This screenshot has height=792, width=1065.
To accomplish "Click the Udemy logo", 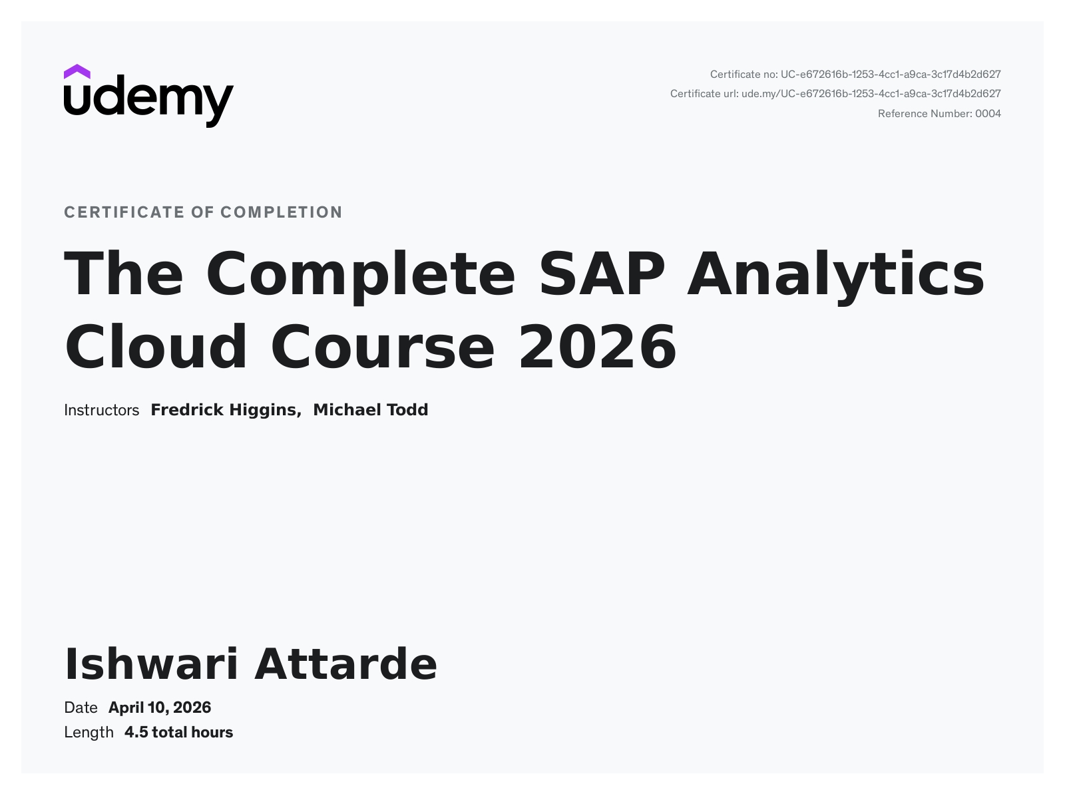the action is click(x=148, y=96).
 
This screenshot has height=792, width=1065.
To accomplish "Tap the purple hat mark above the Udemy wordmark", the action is click(x=77, y=72).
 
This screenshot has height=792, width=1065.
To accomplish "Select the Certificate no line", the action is click(x=855, y=75).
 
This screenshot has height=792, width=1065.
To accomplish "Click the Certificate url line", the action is click(x=835, y=94).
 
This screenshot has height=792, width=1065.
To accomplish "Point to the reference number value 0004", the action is click(x=988, y=114).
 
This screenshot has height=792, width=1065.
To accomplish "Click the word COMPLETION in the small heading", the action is click(x=282, y=212).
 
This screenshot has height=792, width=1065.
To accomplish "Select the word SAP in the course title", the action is click(x=602, y=274).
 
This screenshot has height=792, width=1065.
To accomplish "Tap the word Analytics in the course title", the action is click(x=835, y=276).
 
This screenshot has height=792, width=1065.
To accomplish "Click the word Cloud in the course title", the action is click(x=156, y=346).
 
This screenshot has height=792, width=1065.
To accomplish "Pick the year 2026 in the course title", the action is click(x=598, y=346).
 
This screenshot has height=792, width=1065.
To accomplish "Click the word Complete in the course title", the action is click(x=360, y=276).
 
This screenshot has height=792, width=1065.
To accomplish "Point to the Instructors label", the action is click(x=101, y=410).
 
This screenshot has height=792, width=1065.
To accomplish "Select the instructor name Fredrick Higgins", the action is click(x=226, y=410).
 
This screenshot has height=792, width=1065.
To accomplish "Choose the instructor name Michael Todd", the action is click(x=370, y=410).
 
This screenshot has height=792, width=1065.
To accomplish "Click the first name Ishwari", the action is click(x=151, y=664).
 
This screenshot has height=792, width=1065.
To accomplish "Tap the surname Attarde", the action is click(x=345, y=664).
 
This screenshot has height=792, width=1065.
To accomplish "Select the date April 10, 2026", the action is click(x=159, y=707).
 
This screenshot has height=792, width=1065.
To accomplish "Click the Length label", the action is click(x=89, y=733).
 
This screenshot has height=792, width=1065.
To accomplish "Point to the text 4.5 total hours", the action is click(x=178, y=733).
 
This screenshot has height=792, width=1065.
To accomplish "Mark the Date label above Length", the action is click(x=81, y=707).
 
